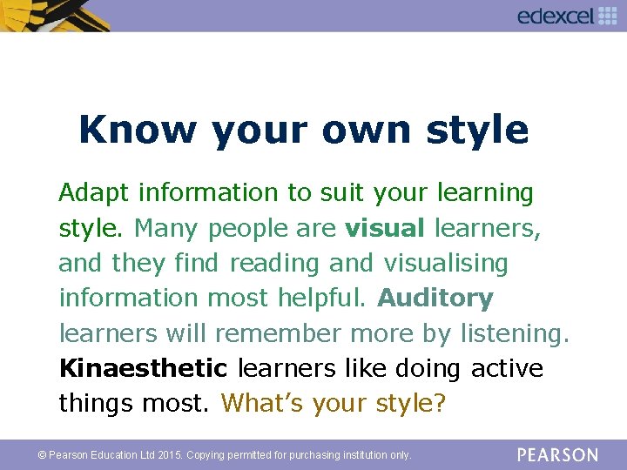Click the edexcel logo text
point(555,16)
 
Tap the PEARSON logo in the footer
point(557,454)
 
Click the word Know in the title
point(138,130)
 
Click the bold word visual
point(385,228)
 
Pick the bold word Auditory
point(435,298)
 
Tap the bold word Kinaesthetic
point(143,368)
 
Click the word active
point(507,368)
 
